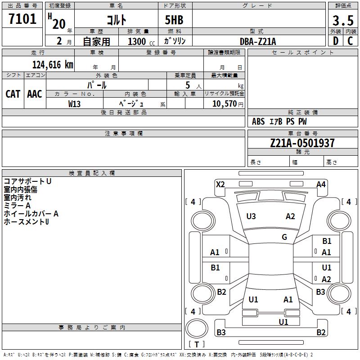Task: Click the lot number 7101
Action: pyautogui.click(x=22, y=19)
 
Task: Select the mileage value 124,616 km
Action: pyautogui.click(x=53, y=65)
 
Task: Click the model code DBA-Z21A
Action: pyautogui.click(x=258, y=41)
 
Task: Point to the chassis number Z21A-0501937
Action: pyautogui.click(x=302, y=144)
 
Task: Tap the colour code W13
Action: pyautogui.click(x=74, y=103)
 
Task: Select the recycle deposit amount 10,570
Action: pyautogui.click(x=224, y=103)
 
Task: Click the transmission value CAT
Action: pyautogui.click(x=13, y=94)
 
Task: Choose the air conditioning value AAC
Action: pyautogui.click(x=35, y=94)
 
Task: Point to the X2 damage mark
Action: pyautogui.click(x=220, y=184)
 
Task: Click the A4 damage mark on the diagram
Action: pyautogui.click(x=321, y=184)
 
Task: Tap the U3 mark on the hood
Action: pyautogui.click(x=251, y=216)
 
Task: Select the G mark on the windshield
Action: pyautogui.click(x=284, y=237)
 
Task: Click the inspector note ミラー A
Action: pyautogui.click(x=17, y=205)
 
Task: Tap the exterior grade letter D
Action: pyautogui.click(x=335, y=41)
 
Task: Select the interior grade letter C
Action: pyautogui.click(x=350, y=41)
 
